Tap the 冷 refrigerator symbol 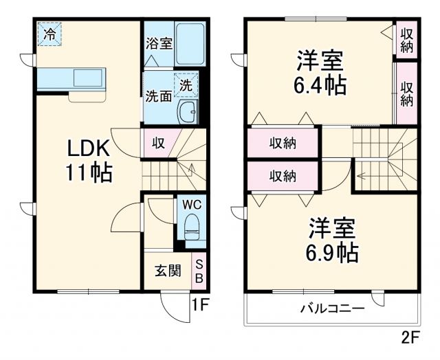pos(49,33)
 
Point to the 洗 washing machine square pos(186,85)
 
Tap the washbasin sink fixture pos(186,111)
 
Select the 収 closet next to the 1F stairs pos(157,143)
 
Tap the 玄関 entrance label pos(167,271)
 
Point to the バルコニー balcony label pos(331,308)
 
